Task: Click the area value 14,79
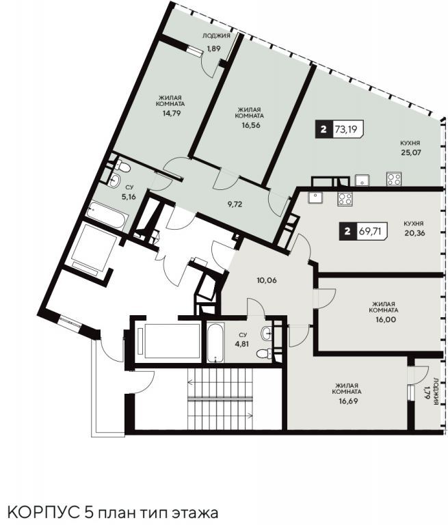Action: pyautogui.click(x=172, y=113)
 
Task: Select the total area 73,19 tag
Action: pyautogui.click(x=339, y=129)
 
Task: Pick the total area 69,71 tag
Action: pyautogui.click(x=364, y=230)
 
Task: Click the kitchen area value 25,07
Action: pyautogui.click(x=411, y=152)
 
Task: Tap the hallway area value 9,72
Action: pyautogui.click(x=235, y=204)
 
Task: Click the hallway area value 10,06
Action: pyautogui.click(x=267, y=280)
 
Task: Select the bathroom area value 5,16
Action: pyautogui.click(x=129, y=197)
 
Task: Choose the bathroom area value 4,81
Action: pyautogui.click(x=243, y=344)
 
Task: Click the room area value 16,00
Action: pyautogui.click(x=386, y=319)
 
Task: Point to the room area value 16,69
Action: pyautogui.click(x=348, y=401)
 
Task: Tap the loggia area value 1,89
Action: pyautogui.click(x=213, y=49)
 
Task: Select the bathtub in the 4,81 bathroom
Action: pyautogui.click(x=215, y=342)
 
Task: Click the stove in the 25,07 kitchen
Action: pyautogui.click(x=394, y=178)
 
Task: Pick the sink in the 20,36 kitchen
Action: pyautogui.click(x=315, y=198)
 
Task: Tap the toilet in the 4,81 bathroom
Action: pyautogui.click(x=265, y=353)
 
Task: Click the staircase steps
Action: pyautogui.click(x=220, y=399)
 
